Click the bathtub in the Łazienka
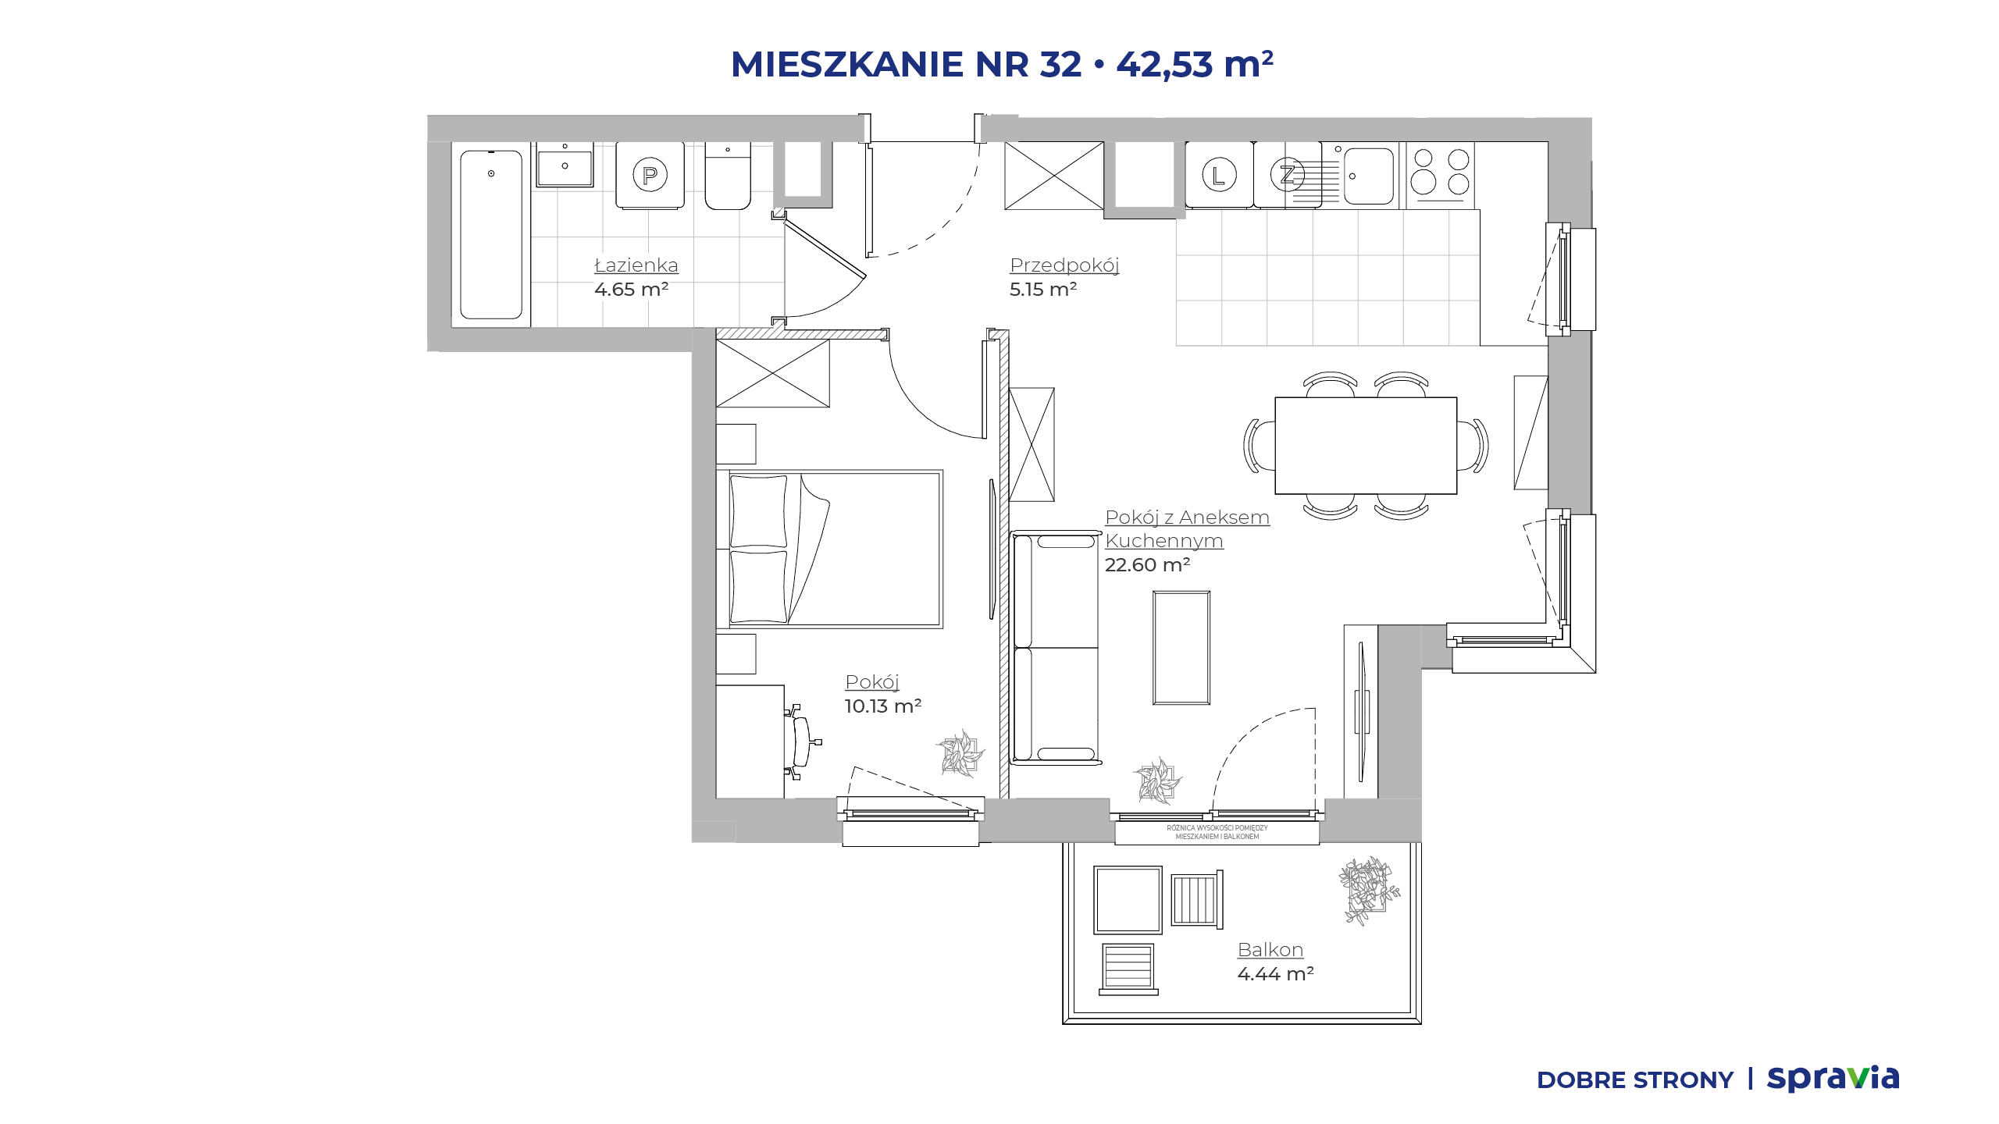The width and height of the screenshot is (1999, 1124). (x=491, y=235)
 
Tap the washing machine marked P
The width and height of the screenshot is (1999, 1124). (x=650, y=175)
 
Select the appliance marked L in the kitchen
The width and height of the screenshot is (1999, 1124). (x=1219, y=174)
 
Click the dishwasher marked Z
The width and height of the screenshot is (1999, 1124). (x=1288, y=174)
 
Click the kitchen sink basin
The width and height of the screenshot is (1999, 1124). (x=1368, y=176)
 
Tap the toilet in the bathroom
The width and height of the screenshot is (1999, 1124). (x=728, y=176)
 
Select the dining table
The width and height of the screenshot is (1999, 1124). (x=1366, y=446)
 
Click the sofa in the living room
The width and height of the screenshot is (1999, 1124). (x=1056, y=648)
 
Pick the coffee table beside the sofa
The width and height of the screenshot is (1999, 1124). (x=1181, y=648)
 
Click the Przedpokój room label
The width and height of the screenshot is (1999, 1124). (x=1064, y=265)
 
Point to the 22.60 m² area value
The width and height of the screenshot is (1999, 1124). (x=1147, y=564)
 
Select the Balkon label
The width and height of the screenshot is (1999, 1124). (x=1270, y=950)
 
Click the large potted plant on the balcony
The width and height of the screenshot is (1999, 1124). (x=1369, y=890)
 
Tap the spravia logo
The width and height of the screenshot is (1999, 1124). (x=1833, y=1079)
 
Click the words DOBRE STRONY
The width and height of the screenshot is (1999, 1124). (x=1635, y=1080)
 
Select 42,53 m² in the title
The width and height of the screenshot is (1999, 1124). (x=1195, y=64)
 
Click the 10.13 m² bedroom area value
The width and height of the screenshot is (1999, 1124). (x=883, y=706)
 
